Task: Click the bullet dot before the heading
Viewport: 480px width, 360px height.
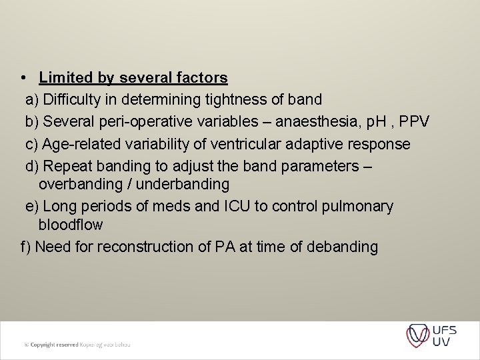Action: click(23, 78)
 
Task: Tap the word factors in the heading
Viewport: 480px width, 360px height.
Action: click(202, 78)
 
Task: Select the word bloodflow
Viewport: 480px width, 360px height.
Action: click(71, 225)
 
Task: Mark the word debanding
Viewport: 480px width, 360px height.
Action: click(341, 247)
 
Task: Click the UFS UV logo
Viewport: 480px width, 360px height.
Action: click(431, 335)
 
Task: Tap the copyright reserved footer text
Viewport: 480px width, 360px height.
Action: click(77, 345)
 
